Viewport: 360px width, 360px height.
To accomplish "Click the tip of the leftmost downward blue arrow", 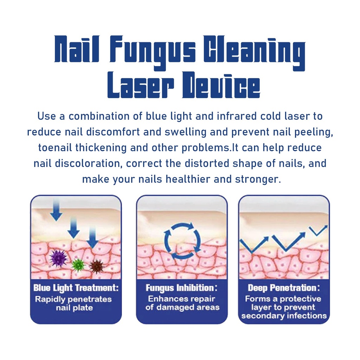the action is [56, 221].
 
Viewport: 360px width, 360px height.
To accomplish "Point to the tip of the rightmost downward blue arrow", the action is [92, 248].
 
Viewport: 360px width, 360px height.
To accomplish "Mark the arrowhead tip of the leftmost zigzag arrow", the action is [268, 237].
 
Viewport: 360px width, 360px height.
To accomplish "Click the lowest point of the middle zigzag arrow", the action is [285, 251].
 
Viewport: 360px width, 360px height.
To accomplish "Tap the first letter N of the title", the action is [62, 49].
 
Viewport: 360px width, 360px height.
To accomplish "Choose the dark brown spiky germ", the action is [96, 266].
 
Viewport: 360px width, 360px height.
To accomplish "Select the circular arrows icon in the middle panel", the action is [182, 241].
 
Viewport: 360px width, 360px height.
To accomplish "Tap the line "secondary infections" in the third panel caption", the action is [284, 316].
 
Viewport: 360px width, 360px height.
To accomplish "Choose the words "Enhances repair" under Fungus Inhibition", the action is [182, 299].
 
